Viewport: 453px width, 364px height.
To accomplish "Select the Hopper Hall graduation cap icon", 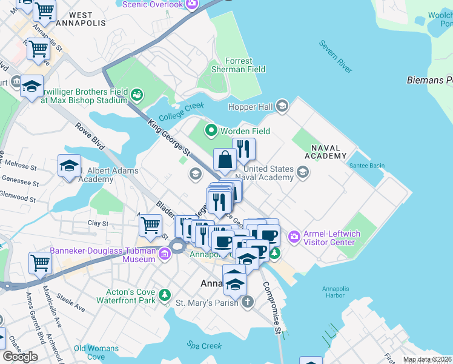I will [282, 107].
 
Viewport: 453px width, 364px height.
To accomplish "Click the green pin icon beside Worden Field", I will [211, 130].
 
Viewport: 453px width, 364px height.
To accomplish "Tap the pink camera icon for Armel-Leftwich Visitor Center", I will [294, 236].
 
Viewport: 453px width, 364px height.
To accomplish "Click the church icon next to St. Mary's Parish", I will [247, 302].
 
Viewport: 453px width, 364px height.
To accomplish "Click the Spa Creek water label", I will [203, 345].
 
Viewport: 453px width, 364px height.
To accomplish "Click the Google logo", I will [20, 357].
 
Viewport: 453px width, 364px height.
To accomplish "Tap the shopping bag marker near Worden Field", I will [225, 161].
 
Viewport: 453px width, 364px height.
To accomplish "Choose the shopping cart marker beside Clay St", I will [150, 226].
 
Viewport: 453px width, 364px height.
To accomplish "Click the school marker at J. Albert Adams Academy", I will [70, 166].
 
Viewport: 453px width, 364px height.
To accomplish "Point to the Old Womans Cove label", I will [89, 352].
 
